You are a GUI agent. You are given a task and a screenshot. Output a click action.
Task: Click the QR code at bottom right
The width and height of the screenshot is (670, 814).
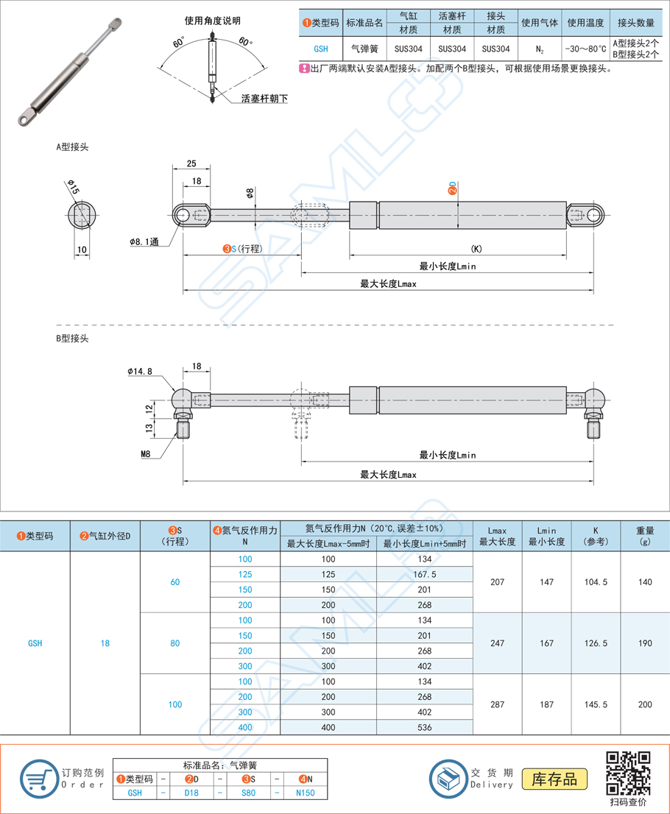pyautogui.click(x=628, y=773)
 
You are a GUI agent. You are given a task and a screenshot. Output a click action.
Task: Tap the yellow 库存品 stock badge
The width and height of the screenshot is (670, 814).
pyautogui.click(x=554, y=779)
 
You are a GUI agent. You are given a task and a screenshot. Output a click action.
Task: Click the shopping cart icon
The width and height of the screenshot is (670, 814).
pyautogui.click(x=39, y=779)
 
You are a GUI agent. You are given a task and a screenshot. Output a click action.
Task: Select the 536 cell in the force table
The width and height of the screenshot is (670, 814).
pyautogui.click(x=424, y=727)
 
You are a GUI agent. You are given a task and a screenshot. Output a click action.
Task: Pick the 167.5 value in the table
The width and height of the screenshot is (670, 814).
pyautogui.click(x=424, y=574)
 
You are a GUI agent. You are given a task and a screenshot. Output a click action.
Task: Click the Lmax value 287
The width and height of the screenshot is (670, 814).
pyautogui.click(x=497, y=704)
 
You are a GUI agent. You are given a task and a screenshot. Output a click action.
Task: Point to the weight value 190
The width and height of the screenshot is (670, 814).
pyautogui.click(x=645, y=643)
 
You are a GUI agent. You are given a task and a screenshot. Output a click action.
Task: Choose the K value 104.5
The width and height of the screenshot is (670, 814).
pyautogui.click(x=596, y=582)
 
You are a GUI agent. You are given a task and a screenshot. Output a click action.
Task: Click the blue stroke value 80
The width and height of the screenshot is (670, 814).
pyautogui.click(x=175, y=643)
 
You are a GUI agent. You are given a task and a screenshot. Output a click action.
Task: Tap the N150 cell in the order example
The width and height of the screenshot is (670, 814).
pyautogui.click(x=306, y=793)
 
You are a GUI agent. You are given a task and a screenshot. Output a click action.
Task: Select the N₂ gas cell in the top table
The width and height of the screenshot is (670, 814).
pyautogui.click(x=540, y=49)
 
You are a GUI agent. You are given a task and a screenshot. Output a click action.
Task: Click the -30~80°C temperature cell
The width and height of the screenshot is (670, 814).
pyautogui.click(x=585, y=49)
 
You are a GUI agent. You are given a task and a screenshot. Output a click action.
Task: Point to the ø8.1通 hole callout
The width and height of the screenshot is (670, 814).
pyautogui.click(x=144, y=242)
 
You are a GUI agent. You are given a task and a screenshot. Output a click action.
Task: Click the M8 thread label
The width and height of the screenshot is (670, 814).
pyautogui.click(x=146, y=453)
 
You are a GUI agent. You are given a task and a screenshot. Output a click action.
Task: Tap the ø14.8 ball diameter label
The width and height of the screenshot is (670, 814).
pyautogui.click(x=140, y=371)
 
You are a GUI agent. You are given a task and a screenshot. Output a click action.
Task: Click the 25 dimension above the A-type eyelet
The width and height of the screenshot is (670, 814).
pyautogui.click(x=191, y=163)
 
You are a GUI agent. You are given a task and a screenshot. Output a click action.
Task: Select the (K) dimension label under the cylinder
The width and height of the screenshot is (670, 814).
pyautogui.click(x=476, y=249)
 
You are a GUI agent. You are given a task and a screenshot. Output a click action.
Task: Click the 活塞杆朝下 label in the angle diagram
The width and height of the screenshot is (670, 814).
pyautogui.click(x=264, y=99)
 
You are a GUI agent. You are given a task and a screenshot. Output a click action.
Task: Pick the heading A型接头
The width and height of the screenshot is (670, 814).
pyautogui.click(x=72, y=147)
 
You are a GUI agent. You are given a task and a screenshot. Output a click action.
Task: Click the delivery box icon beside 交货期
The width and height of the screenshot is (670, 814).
pyautogui.click(x=448, y=779)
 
